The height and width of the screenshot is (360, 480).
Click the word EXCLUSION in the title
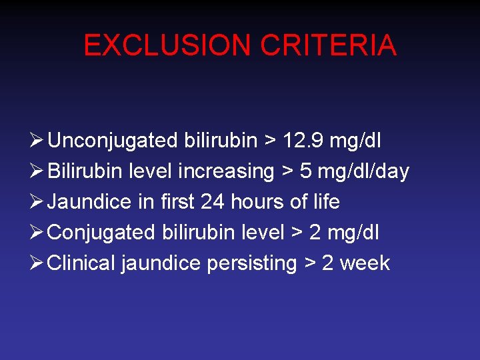coord(167,46)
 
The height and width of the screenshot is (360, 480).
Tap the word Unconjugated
coord(113,141)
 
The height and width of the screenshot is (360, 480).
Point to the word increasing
coord(226,171)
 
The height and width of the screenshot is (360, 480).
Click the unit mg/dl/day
coord(363,171)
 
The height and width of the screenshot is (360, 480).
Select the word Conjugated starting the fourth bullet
coord(102,232)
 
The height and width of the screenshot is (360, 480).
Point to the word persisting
coord(251,263)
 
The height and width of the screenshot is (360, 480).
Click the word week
coord(365,263)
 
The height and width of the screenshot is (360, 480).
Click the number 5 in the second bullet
coord(306,171)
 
